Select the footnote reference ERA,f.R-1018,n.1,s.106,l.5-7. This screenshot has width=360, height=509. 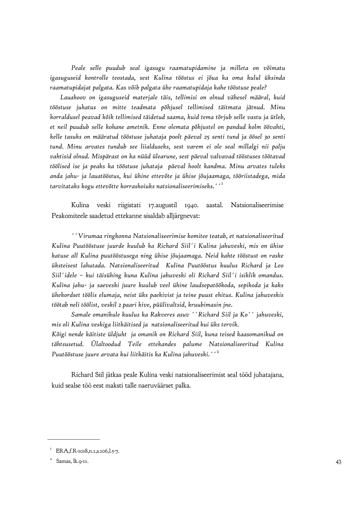pos(88,451)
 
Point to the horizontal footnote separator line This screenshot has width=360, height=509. pos(73,439)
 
